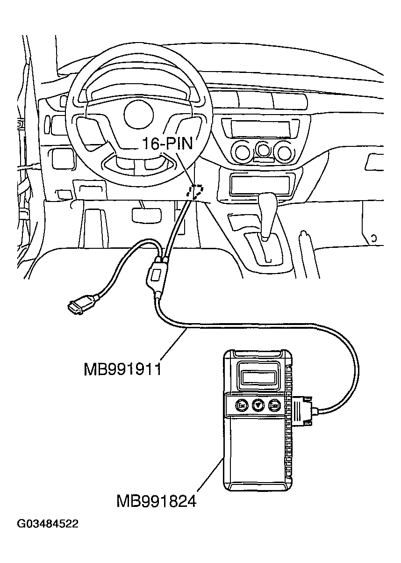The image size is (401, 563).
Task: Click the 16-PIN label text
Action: [167, 143]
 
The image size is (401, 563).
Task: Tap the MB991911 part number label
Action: [123, 369]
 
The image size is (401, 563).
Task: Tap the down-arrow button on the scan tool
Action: [258, 405]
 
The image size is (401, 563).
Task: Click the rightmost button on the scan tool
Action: [275, 405]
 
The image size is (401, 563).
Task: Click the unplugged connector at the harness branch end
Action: [76, 306]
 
